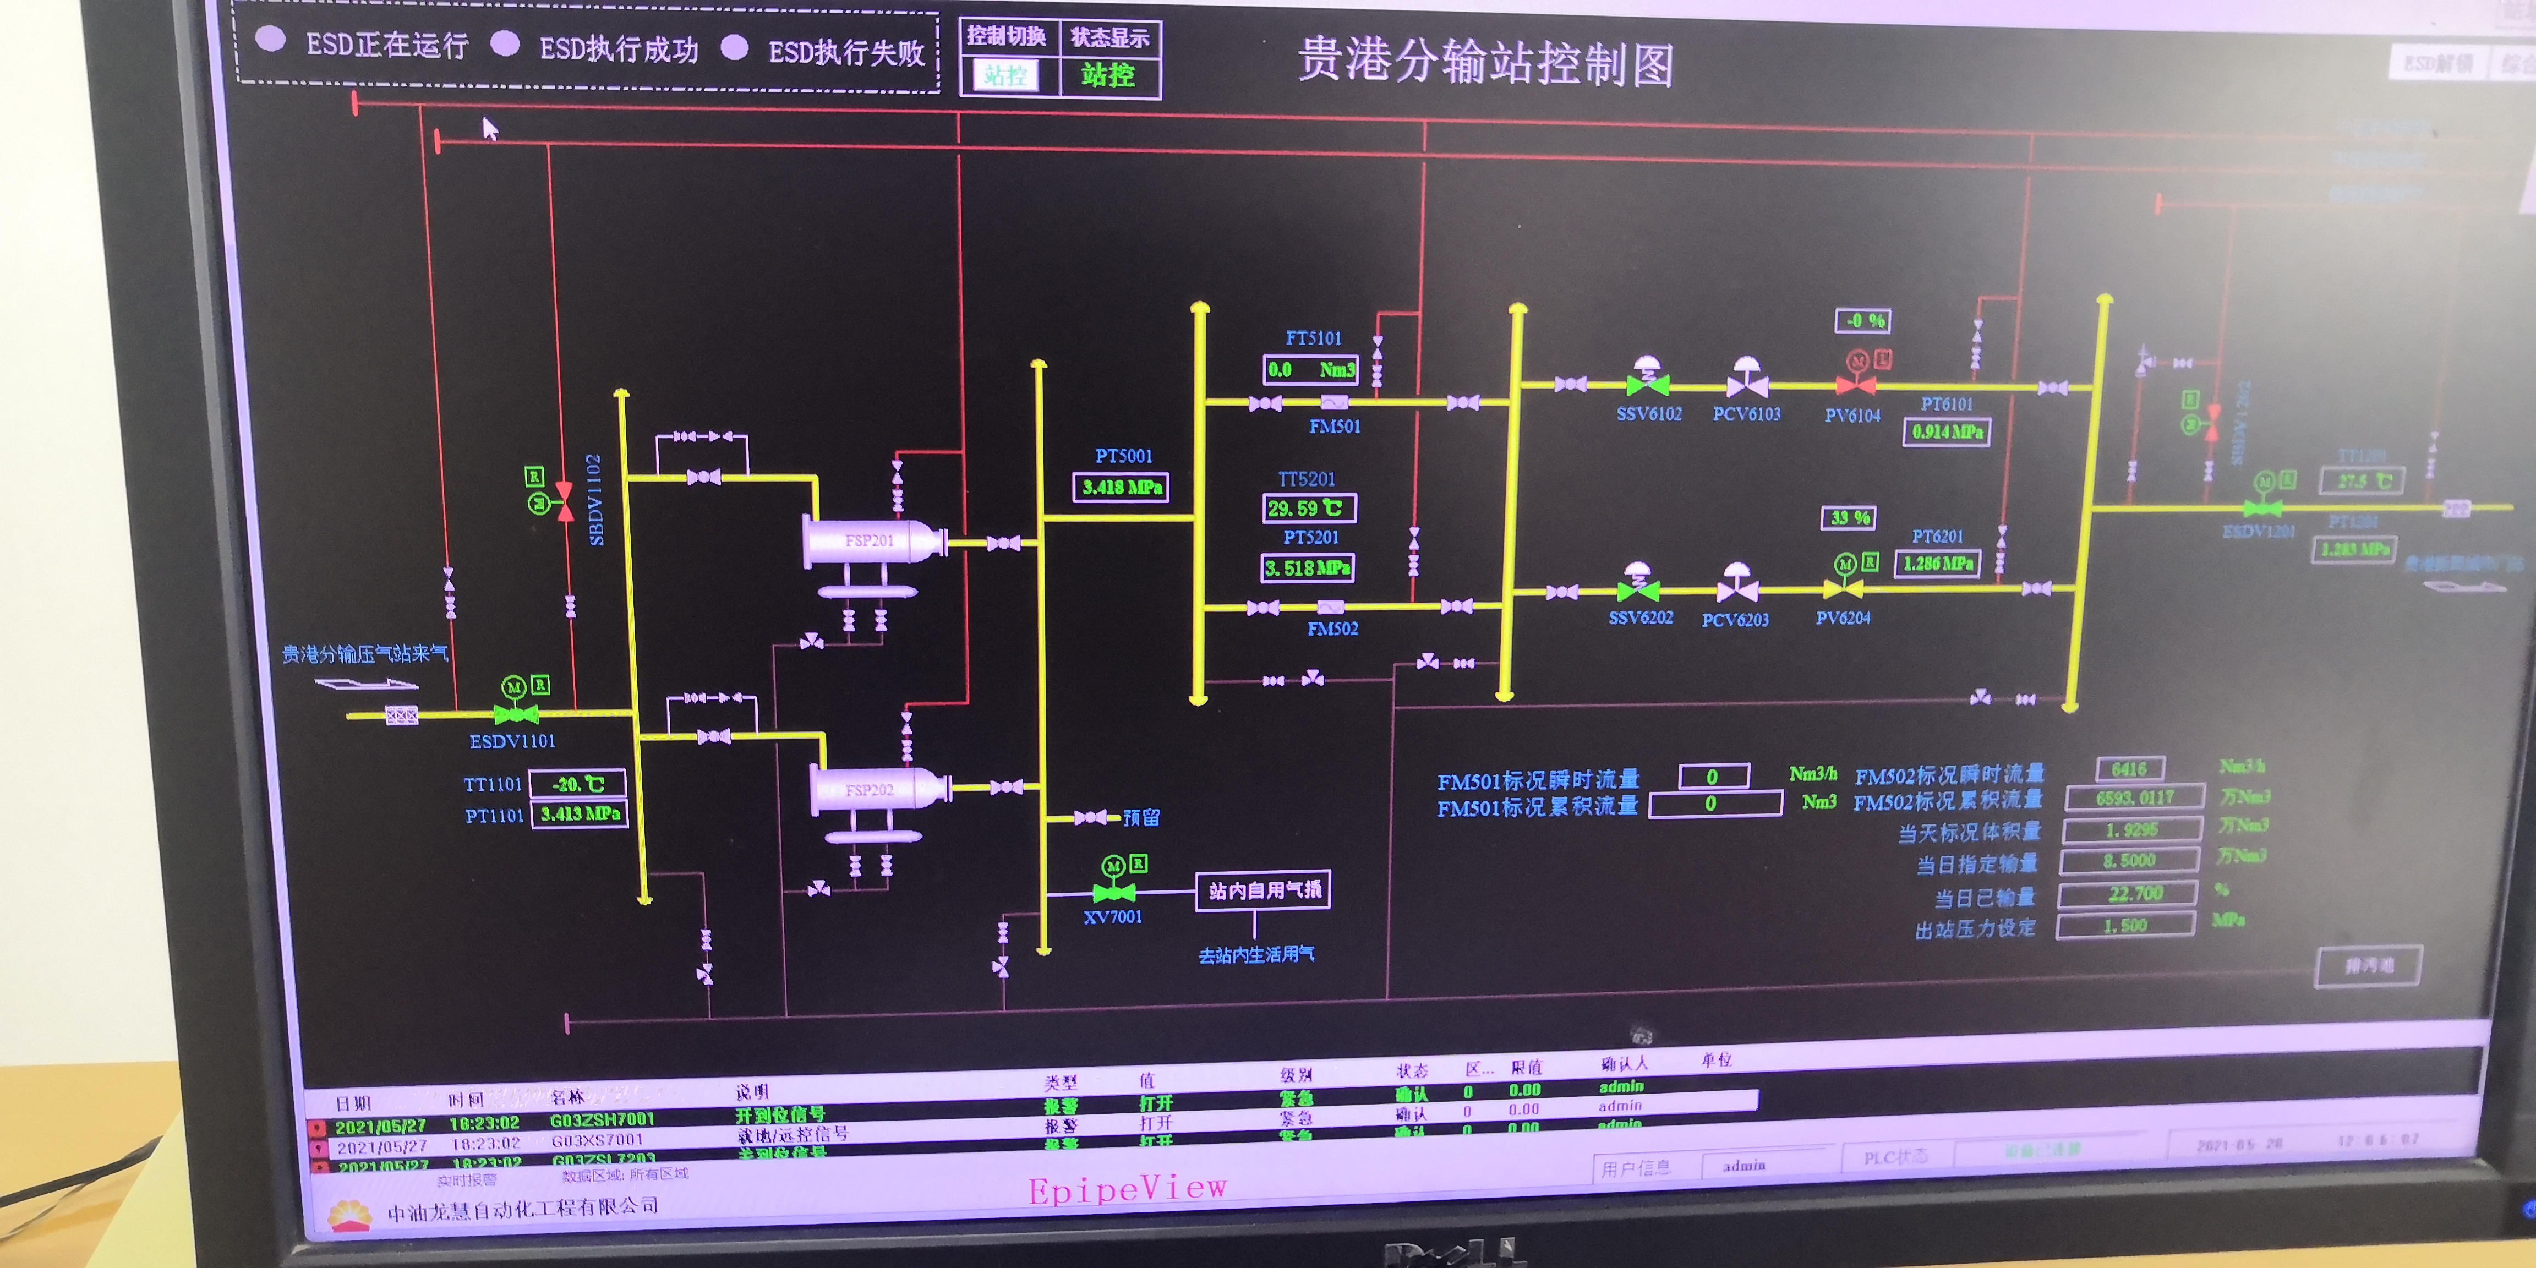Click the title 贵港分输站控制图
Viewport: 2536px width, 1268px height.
pos(1485,62)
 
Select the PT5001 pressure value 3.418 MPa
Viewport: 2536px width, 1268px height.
pos(1121,487)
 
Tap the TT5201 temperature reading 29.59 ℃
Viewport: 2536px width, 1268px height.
pos(1308,508)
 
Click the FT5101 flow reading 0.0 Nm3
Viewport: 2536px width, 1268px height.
pos(1310,370)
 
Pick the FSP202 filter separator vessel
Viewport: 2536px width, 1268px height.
pos(876,790)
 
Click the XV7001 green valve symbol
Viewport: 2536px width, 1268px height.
pos(1113,892)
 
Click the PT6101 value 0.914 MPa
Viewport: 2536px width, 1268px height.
pos(1947,432)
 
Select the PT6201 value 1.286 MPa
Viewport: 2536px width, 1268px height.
pos(1937,563)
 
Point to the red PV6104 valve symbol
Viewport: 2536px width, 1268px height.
pos(1856,384)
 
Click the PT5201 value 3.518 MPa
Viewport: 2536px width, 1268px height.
pos(1308,568)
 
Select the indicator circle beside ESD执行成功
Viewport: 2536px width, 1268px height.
pos(505,43)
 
